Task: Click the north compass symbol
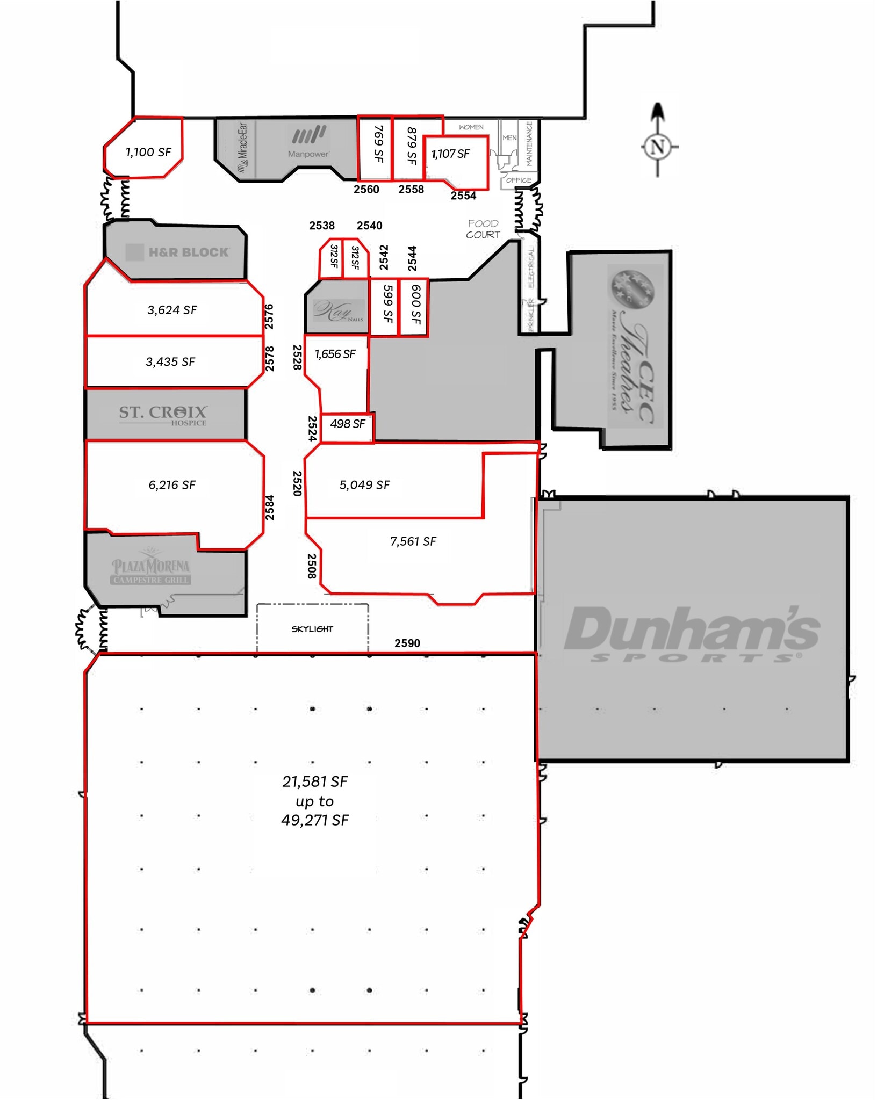pyautogui.click(x=658, y=146)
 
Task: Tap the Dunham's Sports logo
pyautogui.click(x=692, y=634)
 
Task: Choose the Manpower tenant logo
pyautogui.click(x=308, y=142)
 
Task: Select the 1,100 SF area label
pyautogui.click(x=148, y=153)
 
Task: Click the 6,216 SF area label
pyautogui.click(x=172, y=485)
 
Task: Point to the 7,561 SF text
pyautogui.click(x=413, y=541)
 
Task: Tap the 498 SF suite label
pyautogui.click(x=348, y=424)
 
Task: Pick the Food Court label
pyautogui.click(x=483, y=229)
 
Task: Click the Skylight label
pyautogui.click(x=312, y=629)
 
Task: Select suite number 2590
pyautogui.click(x=407, y=643)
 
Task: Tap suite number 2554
pyautogui.click(x=463, y=196)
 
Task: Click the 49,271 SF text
pyautogui.click(x=315, y=820)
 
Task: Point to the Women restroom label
pyautogui.click(x=471, y=127)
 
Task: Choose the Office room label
pyautogui.click(x=519, y=180)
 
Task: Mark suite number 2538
pyautogui.click(x=322, y=226)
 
